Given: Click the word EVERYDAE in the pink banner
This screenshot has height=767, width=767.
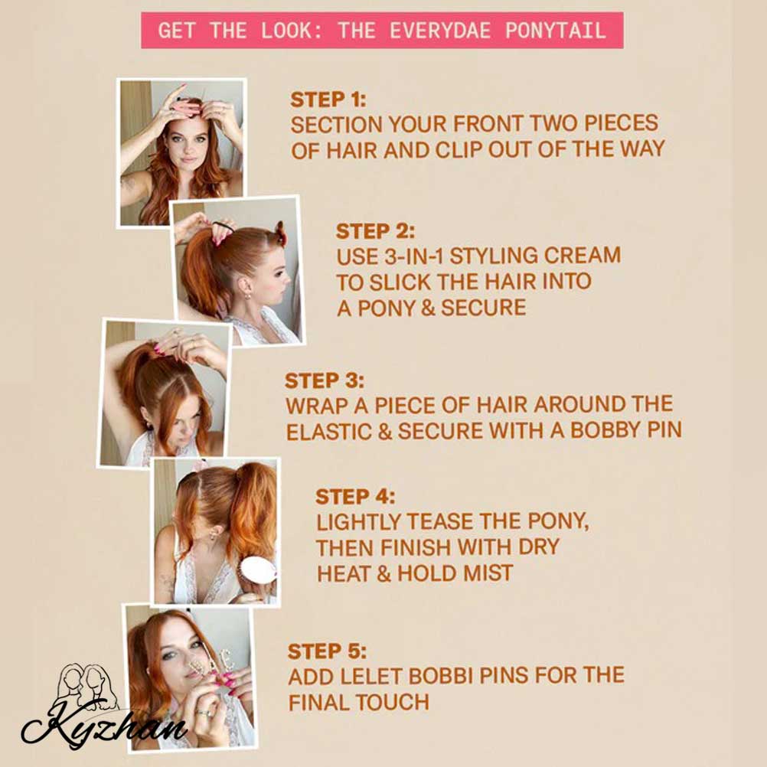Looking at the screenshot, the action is (x=440, y=31).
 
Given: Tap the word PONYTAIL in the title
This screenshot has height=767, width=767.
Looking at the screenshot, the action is (x=556, y=31).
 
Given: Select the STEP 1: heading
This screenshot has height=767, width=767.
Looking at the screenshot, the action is (x=328, y=100).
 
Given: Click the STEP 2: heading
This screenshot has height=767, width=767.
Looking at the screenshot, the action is (x=375, y=231).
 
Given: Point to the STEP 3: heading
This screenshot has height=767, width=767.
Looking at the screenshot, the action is (x=325, y=380).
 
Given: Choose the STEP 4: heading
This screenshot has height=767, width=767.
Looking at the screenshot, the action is (x=355, y=497).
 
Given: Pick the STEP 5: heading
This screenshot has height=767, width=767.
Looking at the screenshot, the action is (x=328, y=651).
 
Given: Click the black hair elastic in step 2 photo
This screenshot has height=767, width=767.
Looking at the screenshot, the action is (x=223, y=227).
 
